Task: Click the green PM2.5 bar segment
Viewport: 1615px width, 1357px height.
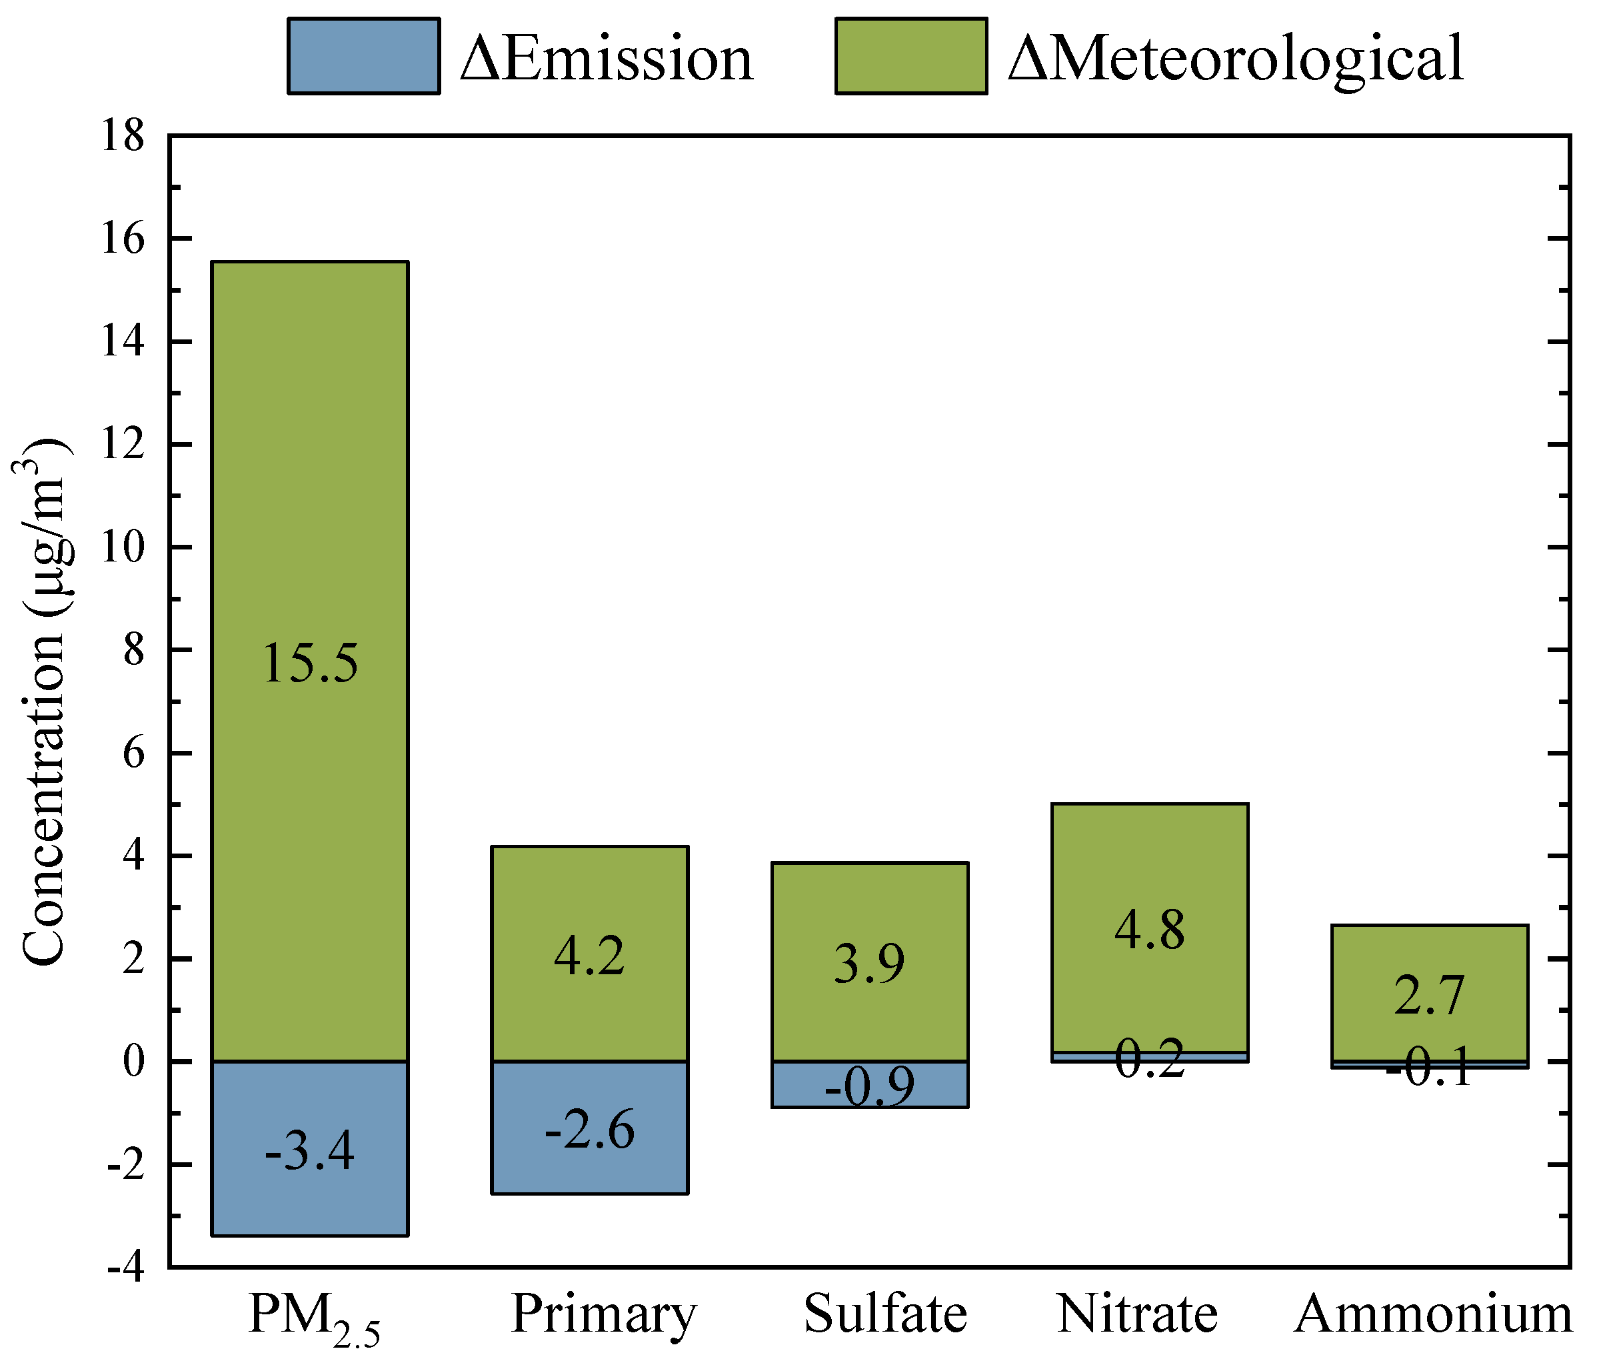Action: tap(310, 461)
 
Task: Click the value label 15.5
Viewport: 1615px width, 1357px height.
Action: tap(310, 663)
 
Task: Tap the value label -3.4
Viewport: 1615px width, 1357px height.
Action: tap(310, 1152)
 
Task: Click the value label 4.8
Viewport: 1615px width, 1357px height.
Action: tap(1150, 930)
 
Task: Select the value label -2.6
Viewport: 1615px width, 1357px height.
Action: tap(590, 1130)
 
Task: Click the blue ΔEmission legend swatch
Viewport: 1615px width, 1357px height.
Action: tap(364, 56)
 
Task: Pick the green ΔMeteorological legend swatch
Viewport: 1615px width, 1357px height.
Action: tap(911, 56)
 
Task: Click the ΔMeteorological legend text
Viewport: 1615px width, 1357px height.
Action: tap(1235, 59)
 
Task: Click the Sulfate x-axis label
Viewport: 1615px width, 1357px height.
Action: tap(885, 1314)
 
